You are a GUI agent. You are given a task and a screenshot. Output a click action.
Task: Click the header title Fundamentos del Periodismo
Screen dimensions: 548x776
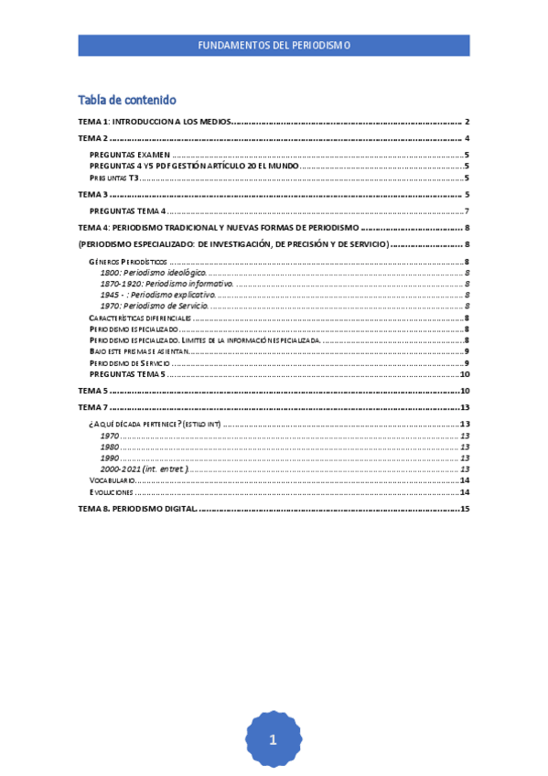click(x=274, y=45)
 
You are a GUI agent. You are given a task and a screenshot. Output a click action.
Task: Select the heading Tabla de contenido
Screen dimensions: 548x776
click(x=127, y=100)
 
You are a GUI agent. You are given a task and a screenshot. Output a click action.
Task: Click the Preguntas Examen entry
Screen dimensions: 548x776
click(x=129, y=155)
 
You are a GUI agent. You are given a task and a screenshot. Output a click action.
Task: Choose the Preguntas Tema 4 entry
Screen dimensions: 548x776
click(x=128, y=210)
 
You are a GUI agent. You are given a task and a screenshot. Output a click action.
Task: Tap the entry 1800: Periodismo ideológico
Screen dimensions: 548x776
click(x=153, y=273)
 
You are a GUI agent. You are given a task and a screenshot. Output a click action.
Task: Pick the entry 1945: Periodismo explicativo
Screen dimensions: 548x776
click(x=157, y=295)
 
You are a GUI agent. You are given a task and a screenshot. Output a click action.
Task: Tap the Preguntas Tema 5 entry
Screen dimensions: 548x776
click(x=128, y=373)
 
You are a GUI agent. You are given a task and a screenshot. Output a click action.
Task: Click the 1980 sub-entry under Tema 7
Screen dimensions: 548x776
click(x=110, y=447)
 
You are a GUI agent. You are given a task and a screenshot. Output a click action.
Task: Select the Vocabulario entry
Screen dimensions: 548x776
click(x=113, y=480)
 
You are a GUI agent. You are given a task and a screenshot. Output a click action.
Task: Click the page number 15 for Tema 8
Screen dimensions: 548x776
click(x=465, y=508)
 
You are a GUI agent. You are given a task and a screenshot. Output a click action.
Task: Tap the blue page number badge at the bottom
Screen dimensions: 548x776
click(x=273, y=739)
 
